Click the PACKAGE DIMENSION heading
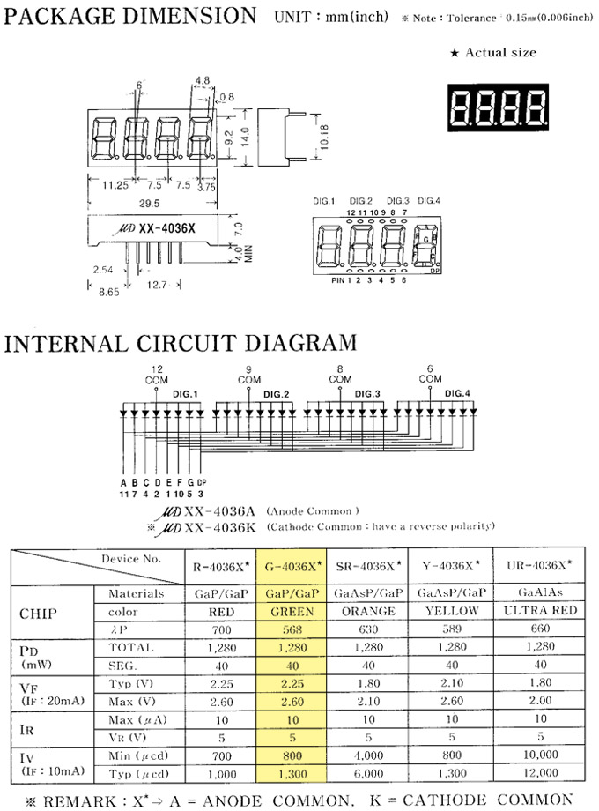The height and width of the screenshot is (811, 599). (x=130, y=15)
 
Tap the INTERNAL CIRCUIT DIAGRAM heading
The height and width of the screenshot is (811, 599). (x=181, y=343)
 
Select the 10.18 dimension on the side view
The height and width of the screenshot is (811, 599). (x=328, y=136)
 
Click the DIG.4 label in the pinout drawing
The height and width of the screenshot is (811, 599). (x=428, y=201)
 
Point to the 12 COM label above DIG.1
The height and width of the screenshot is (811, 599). (x=157, y=374)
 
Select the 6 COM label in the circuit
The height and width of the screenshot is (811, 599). (x=429, y=374)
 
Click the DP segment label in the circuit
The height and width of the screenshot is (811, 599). (x=202, y=482)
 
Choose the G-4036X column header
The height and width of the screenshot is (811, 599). (x=293, y=563)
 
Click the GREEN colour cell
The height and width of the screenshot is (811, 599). (x=293, y=611)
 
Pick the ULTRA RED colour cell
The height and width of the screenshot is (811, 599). (x=540, y=611)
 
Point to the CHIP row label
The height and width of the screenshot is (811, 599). (x=42, y=612)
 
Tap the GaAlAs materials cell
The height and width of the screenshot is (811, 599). (x=540, y=593)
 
